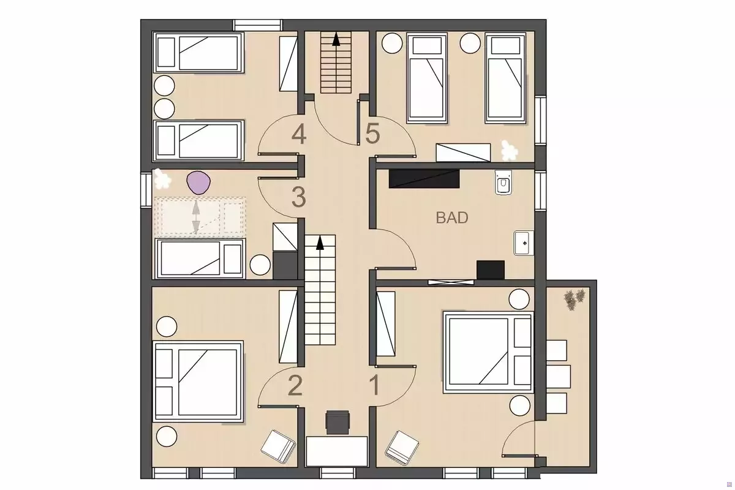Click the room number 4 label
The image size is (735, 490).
[299, 135]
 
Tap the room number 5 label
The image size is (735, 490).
[372, 134]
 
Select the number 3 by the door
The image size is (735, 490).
[299, 197]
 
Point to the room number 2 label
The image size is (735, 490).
[295, 385]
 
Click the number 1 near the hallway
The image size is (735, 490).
[374, 385]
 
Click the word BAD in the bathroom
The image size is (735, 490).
[452, 217]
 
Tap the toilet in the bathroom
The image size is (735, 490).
[503, 183]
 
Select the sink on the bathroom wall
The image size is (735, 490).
[524, 243]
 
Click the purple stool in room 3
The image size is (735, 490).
[198, 183]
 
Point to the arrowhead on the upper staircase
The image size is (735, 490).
[336, 39]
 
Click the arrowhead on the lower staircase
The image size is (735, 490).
[320, 243]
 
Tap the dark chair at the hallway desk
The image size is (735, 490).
[337, 422]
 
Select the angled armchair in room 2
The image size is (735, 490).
[278, 447]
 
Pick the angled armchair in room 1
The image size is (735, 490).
[402, 448]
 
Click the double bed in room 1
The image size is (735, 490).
[488, 352]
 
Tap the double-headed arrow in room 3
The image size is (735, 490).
[196, 217]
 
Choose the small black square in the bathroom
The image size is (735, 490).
[491, 270]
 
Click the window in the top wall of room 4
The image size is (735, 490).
[258, 25]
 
